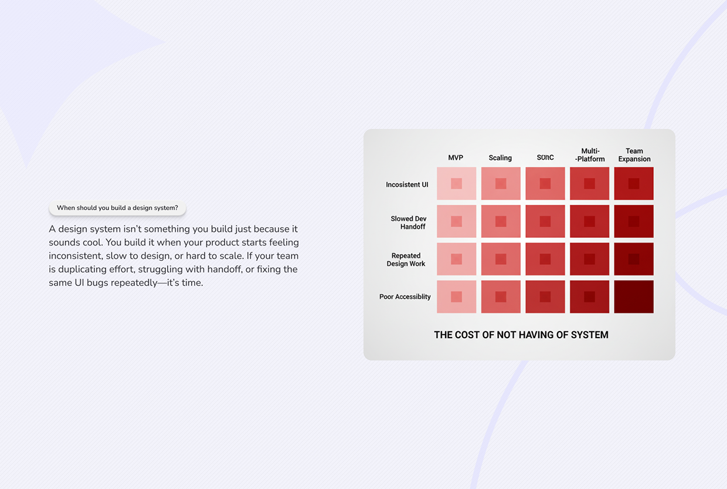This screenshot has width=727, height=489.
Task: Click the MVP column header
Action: (456, 158)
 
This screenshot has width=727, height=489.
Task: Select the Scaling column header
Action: (500, 158)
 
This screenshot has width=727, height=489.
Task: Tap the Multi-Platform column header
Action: (590, 155)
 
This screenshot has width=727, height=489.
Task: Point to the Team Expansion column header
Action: (634, 155)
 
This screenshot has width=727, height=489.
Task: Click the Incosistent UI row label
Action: (407, 185)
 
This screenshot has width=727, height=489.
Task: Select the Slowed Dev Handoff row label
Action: (409, 222)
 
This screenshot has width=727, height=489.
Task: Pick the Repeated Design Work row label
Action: (406, 259)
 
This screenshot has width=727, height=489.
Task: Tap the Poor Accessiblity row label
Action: (405, 297)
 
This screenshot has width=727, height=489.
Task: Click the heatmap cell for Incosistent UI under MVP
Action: (456, 184)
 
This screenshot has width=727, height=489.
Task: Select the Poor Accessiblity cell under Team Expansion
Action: (634, 296)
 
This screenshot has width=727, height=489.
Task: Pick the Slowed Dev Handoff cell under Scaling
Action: (501, 221)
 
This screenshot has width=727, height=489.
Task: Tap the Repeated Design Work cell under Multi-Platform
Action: (589, 259)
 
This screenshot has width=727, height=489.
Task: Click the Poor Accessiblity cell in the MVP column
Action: (456, 296)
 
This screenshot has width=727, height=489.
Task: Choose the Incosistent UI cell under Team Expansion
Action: (634, 184)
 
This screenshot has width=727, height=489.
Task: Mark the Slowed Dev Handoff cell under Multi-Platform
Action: (589, 221)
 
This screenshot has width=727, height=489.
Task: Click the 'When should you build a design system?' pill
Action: (117, 208)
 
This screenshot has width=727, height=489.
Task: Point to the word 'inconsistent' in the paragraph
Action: (74, 256)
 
